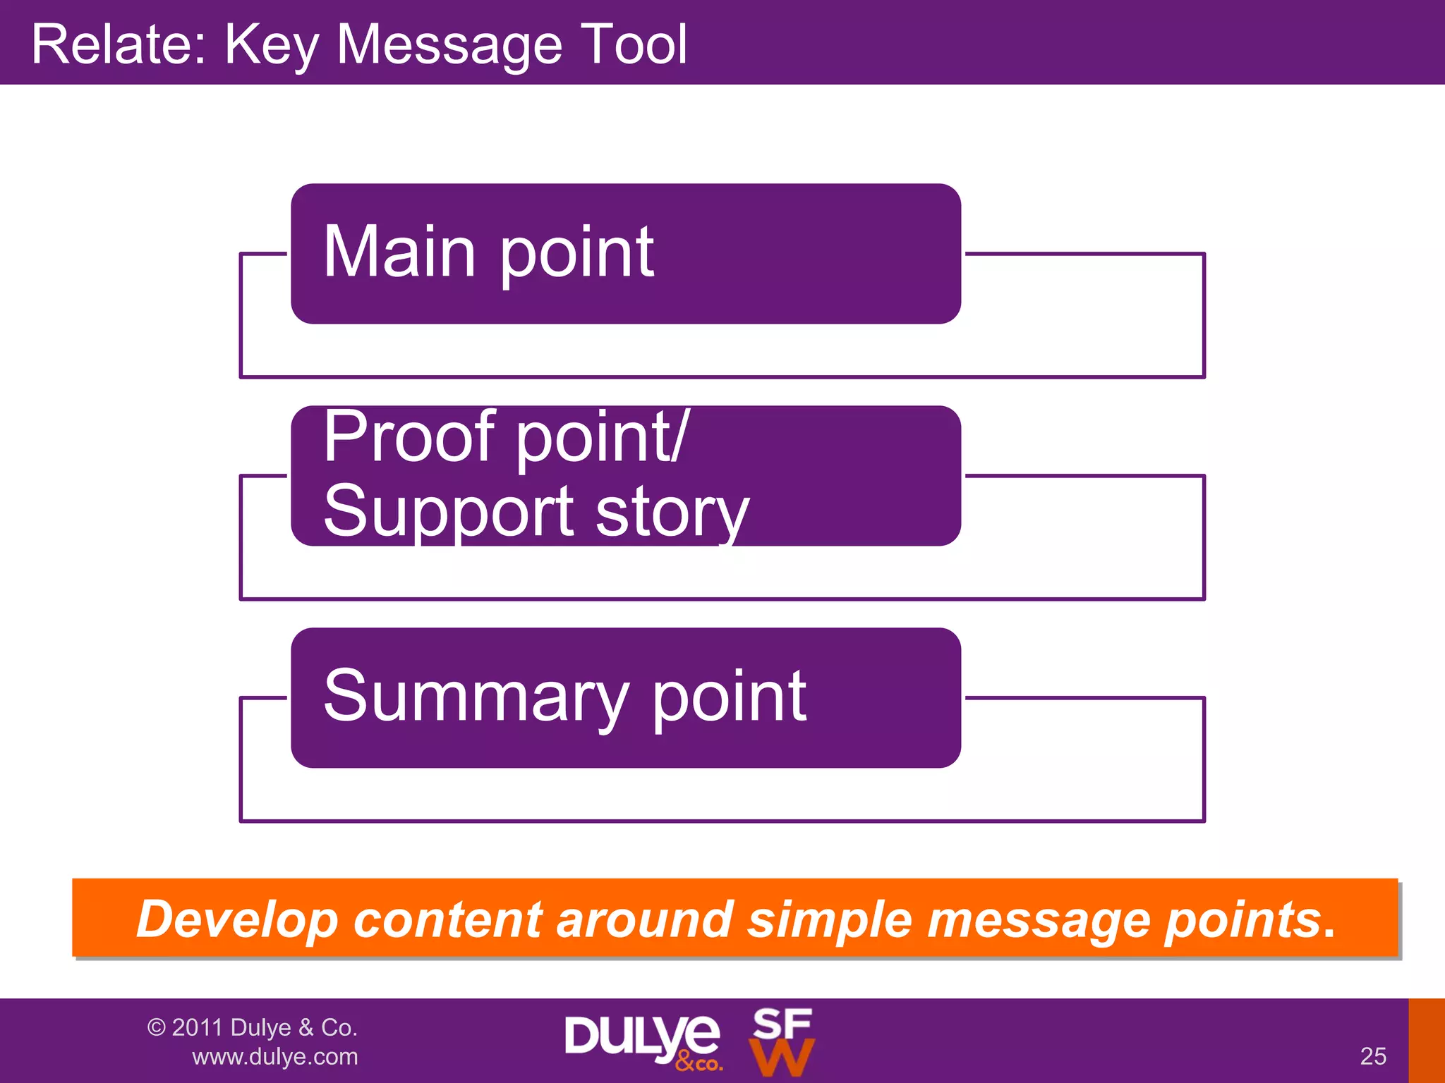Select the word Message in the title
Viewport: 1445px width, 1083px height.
[449, 44]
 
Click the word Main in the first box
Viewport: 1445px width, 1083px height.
[399, 252]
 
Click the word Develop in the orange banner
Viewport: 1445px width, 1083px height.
[237, 919]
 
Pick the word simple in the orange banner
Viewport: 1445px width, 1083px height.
[830, 919]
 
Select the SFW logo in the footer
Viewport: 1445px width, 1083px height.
[782, 1041]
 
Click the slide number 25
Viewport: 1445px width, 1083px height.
[1373, 1056]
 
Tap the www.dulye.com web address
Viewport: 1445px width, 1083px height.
[275, 1057]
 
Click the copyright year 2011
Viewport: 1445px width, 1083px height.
[198, 1027]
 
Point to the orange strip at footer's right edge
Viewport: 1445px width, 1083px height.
[1427, 1041]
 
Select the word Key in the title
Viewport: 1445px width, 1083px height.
[271, 44]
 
